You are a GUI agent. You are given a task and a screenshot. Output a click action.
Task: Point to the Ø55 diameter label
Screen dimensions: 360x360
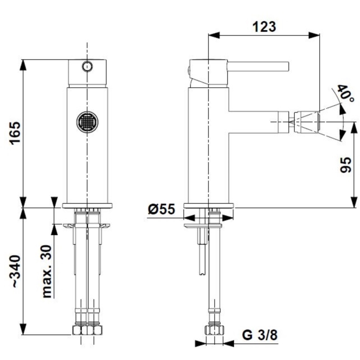coord(161,210)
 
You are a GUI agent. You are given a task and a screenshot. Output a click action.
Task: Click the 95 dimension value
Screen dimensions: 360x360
coord(345,165)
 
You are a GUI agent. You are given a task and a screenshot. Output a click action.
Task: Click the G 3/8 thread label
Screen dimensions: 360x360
coord(260,335)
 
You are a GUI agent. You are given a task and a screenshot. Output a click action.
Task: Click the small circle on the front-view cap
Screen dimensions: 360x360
coord(87,66)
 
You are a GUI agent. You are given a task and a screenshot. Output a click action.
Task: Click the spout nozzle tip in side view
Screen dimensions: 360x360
coord(307,122)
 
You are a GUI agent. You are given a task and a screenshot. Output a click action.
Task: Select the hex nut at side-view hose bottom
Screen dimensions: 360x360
coord(214,331)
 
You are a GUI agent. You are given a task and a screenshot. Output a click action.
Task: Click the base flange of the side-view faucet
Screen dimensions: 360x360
coord(208,205)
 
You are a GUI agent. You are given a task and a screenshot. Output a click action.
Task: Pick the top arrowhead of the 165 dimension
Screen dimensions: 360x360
coord(24,65)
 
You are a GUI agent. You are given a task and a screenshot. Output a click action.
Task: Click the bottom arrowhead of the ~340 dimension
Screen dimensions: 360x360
coord(24,330)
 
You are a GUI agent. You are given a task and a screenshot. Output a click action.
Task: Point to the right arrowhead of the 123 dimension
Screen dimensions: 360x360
coord(315,36)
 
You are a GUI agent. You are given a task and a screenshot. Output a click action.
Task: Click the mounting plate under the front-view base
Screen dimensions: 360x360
coord(87,226)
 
